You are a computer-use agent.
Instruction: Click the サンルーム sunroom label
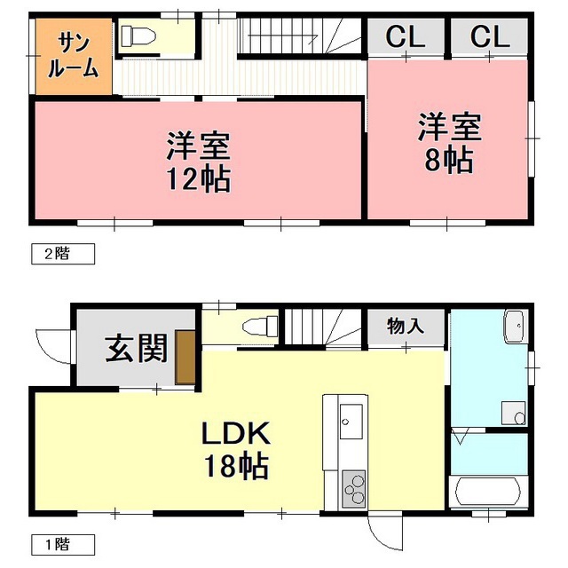[74, 55]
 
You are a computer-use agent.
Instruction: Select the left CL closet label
[406, 37]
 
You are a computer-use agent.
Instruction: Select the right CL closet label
[490, 37]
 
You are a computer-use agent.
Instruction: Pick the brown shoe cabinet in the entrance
[185, 357]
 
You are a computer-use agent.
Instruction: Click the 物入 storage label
[406, 326]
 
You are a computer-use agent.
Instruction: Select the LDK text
[233, 435]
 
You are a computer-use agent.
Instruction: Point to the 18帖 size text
[233, 467]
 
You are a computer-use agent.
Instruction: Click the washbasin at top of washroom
[514, 327]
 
